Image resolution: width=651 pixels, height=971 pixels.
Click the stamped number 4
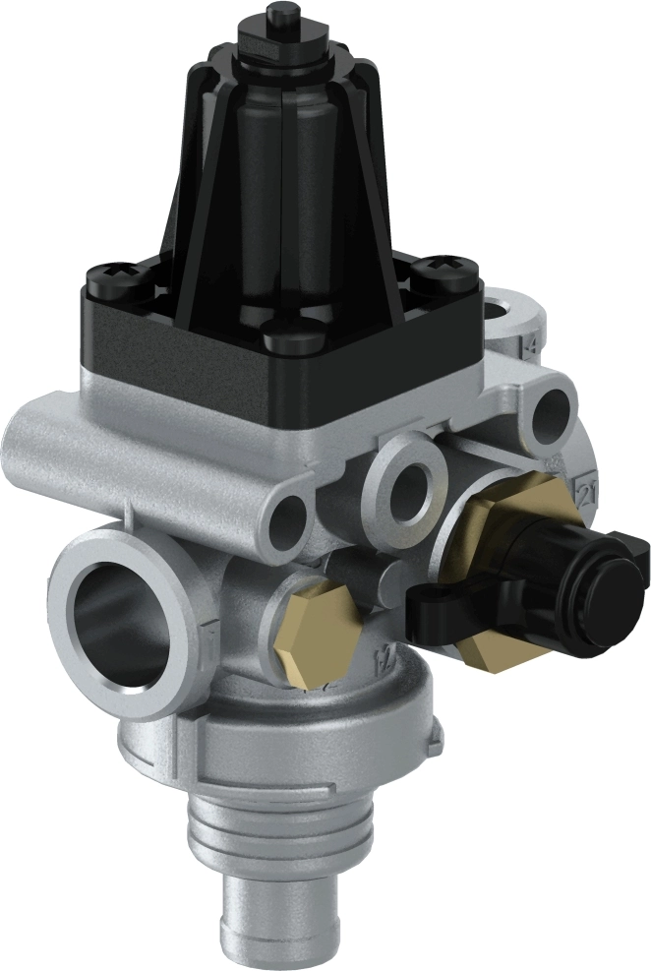point(532,345)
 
